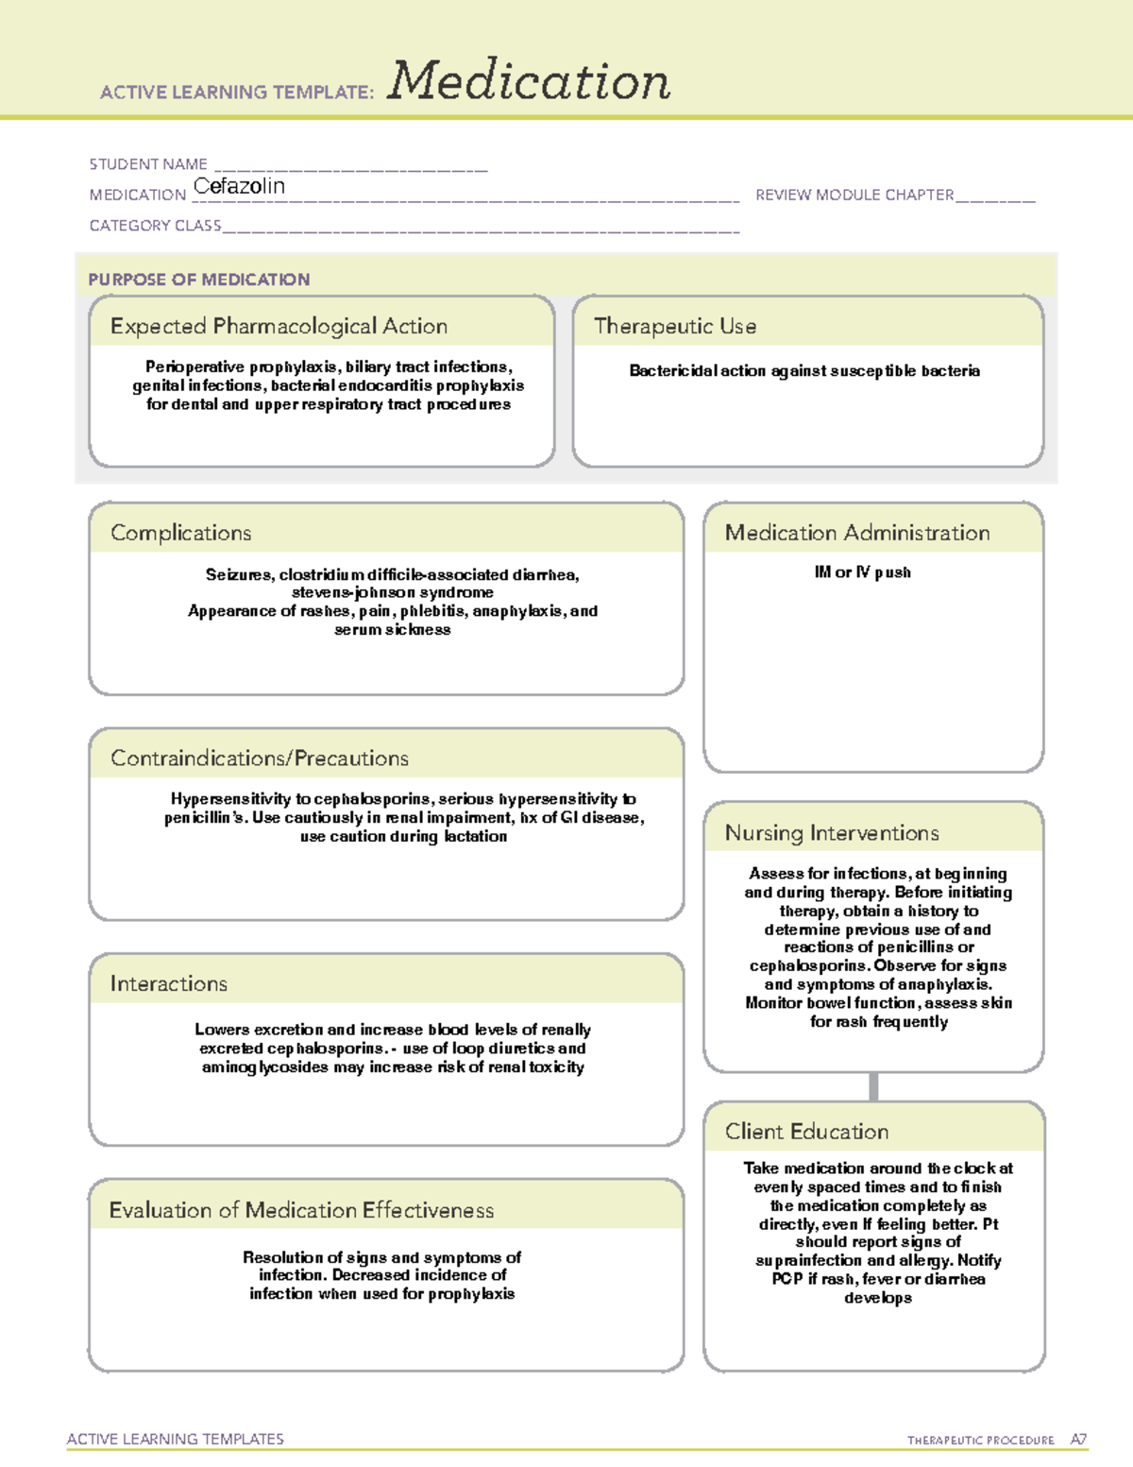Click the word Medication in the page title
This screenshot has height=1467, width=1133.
(529, 81)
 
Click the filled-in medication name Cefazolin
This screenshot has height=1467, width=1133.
(239, 186)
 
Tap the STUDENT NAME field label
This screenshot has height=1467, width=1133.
(148, 164)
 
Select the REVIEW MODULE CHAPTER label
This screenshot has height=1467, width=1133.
(854, 195)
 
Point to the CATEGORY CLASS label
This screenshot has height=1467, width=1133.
(155, 226)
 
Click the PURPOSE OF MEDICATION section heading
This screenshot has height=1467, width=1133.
(198, 280)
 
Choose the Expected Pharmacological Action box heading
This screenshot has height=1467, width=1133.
(279, 326)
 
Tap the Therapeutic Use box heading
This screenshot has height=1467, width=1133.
(674, 326)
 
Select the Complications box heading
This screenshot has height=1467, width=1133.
(180, 533)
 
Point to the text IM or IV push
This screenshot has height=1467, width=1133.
(862, 572)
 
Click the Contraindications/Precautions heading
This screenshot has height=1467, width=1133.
(259, 758)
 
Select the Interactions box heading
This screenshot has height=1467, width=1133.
(168, 983)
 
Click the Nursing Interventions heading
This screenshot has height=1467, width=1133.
(831, 833)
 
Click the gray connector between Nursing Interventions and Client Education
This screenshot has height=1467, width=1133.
(873, 1086)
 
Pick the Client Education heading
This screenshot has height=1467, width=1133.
(806, 1132)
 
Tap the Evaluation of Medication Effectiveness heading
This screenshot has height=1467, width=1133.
(301, 1210)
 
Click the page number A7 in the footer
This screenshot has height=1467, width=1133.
(1078, 1440)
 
